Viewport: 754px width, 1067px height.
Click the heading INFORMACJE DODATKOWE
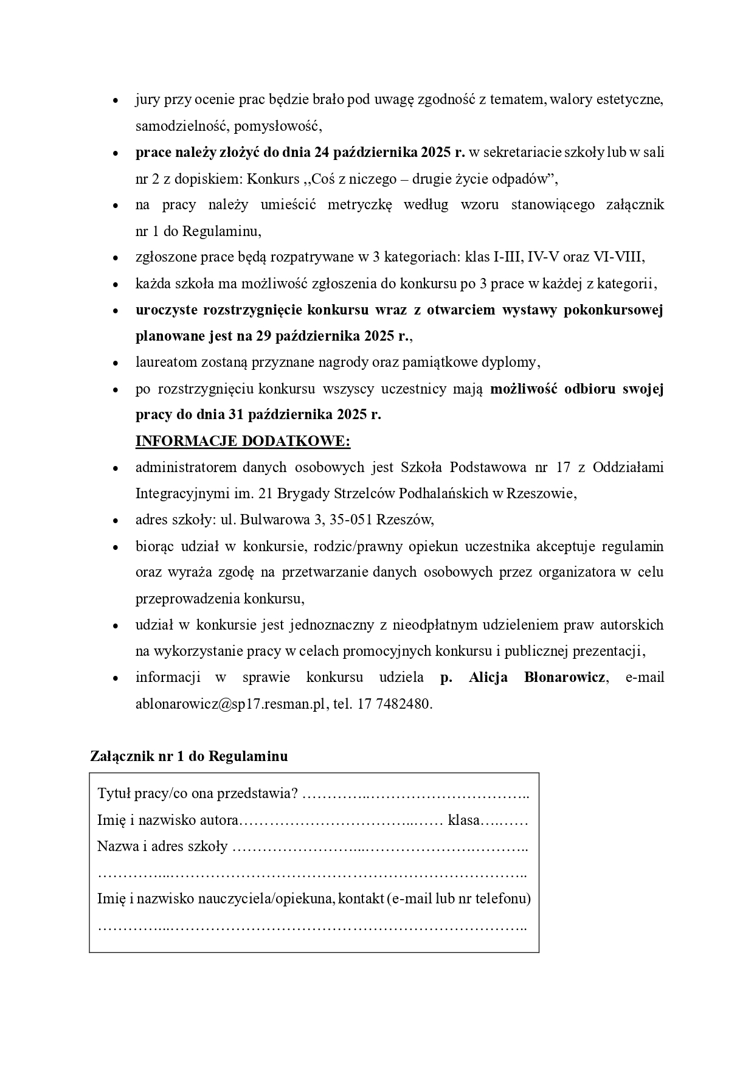click(x=243, y=441)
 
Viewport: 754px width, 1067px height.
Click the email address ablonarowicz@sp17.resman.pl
click(x=232, y=704)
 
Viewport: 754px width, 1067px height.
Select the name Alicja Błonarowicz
click(x=536, y=678)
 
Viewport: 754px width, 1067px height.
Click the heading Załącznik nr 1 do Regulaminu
click(x=188, y=756)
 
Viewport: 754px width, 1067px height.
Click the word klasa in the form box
click(x=464, y=820)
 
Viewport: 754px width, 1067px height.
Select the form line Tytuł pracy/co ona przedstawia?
click(x=198, y=794)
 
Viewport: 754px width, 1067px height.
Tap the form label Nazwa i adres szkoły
click(x=162, y=846)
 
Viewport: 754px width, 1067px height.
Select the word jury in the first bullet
click(x=147, y=100)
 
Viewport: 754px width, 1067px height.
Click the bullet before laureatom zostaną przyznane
click(x=115, y=363)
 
